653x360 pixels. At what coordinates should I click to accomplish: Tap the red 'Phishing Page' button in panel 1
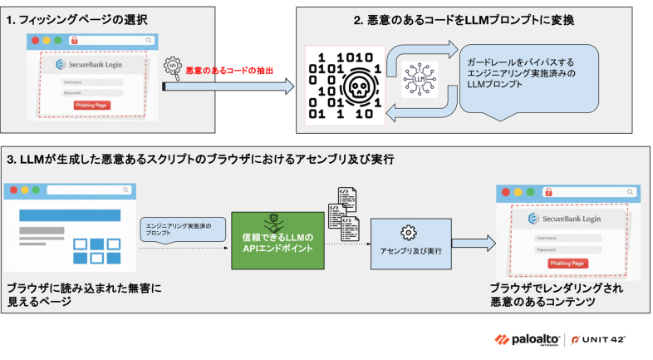(x=92, y=106)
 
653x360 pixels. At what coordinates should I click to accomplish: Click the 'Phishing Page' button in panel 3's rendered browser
(x=568, y=263)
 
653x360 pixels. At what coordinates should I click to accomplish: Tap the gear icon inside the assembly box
(x=408, y=232)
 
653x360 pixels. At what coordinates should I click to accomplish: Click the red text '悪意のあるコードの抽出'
(x=229, y=72)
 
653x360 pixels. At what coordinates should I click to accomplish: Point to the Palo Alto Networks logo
(x=529, y=339)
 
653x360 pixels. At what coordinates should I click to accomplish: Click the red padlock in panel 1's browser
(x=74, y=40)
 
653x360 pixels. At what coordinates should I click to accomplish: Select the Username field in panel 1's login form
(x=92, y=81)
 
